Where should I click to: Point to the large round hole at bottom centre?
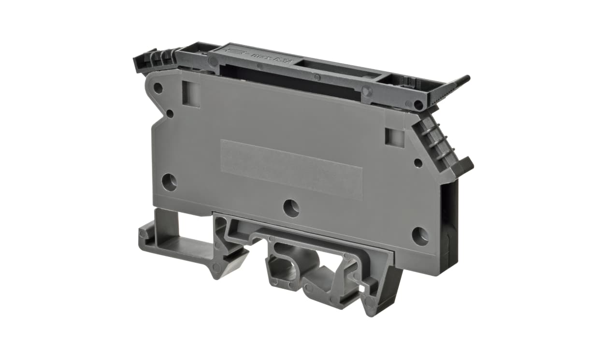[291, 208]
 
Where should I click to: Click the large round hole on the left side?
[169, 182]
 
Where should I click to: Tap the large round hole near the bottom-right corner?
[420, 236]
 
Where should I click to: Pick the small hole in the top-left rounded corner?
[158, 88]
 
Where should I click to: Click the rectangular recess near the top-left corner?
[191, 93]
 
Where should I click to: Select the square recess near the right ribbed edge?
[394, 137]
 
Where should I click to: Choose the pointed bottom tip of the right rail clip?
[370, 309]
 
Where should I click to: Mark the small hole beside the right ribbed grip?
[418, 163]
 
